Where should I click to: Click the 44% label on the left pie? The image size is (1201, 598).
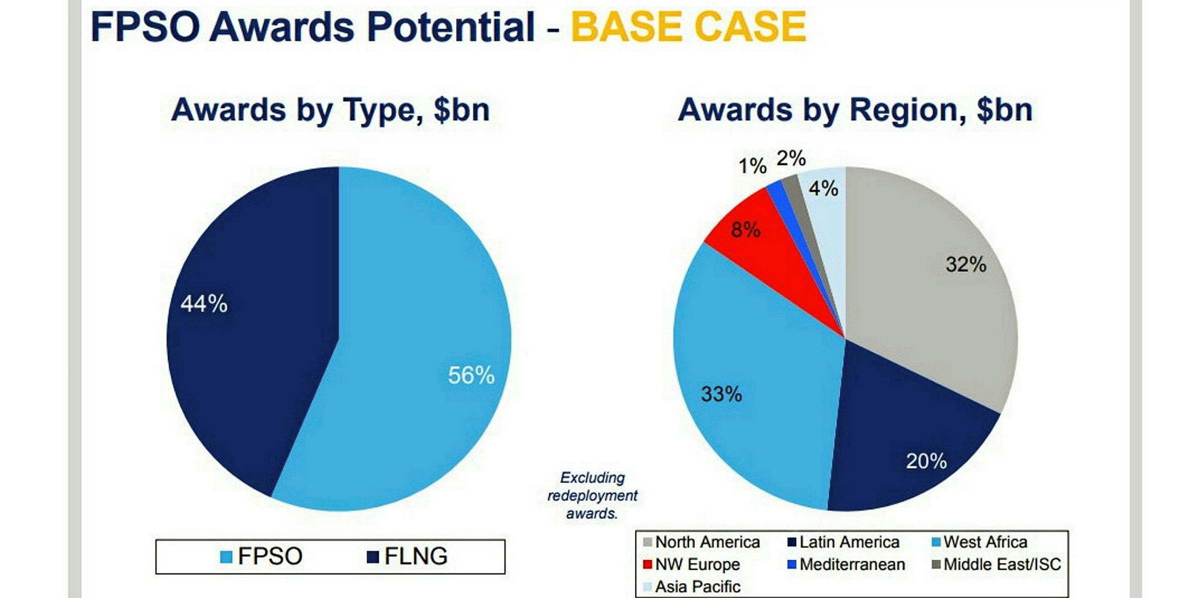(204, 303)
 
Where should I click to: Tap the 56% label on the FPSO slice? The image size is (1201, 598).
(471, 375)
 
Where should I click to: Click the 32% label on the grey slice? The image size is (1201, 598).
(965, 264)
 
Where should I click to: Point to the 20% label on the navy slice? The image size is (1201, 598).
(926, 460)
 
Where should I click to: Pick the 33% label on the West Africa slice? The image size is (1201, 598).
(721, 394)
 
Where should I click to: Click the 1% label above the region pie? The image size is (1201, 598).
(752, 166)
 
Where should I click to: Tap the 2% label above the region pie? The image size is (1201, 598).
(791, 158)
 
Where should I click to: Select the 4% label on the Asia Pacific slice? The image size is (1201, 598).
(823, 188)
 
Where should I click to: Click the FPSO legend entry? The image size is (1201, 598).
(262, 556)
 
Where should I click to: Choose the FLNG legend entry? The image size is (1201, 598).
(407, 556)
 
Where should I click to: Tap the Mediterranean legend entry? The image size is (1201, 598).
(846, 564)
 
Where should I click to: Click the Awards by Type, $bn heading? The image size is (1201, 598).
(330, 110)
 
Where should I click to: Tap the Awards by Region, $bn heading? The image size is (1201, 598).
(855, 110)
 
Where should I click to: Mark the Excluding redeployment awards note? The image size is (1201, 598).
(592, 495)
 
